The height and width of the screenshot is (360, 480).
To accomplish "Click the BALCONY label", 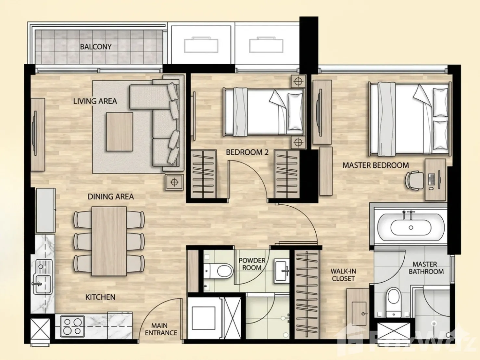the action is pos(96,46).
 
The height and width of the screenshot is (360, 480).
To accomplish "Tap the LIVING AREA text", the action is pos(95,101).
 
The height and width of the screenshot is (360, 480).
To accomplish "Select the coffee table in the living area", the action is pos(120,132).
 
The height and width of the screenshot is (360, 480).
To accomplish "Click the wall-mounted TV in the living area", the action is pos(34,133).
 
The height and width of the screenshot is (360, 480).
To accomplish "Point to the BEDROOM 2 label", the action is pos(247,152).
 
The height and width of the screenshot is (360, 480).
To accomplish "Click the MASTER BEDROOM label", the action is pos(376,165).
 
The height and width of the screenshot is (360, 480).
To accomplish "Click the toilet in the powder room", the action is pos(218,271).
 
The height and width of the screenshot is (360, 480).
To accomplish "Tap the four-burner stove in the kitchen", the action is pos(72,326).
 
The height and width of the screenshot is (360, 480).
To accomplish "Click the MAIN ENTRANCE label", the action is pos(161,329).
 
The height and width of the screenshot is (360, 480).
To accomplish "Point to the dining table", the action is pos(109,241).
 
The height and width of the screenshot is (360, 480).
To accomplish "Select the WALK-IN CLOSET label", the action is pos(343,275).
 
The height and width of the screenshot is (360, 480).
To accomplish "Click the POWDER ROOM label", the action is pos(252,264).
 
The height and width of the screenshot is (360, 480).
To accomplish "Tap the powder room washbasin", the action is pos(282,271).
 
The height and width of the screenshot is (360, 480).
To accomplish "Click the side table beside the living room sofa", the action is pos(174,182).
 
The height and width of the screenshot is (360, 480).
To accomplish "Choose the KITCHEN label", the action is pos(100,297).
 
